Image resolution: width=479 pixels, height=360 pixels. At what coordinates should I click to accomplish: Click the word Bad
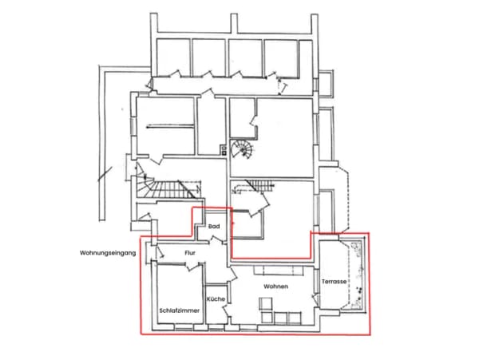click(x=214, y=226)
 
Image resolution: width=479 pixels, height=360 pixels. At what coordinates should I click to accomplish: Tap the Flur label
click(x=190, y=253)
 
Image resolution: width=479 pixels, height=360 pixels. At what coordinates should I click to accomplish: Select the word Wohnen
click(x=276, y=287)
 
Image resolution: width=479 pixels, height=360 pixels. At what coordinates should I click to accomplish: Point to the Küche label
click(x=216, y=299)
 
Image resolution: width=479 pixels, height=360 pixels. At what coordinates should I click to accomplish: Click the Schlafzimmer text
click(x=180, y=311)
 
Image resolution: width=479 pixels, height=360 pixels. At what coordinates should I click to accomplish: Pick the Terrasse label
click(x=334, y=282)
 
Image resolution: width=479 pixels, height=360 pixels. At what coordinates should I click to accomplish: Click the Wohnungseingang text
click(x=108, y=253)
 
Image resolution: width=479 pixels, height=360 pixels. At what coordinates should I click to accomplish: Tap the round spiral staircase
click(x=242, y=149)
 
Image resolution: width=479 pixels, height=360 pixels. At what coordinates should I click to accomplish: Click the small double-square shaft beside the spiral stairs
click(x=224, y=150)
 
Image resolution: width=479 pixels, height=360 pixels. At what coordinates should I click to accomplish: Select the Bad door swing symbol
click(x=216, y=240)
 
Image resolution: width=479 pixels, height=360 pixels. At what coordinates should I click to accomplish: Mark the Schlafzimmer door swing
click(x=193, y=267)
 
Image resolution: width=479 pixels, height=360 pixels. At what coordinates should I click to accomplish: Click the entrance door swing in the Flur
click(x=160, y=252)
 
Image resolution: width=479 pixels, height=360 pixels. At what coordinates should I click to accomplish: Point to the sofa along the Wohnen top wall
click(x=279, y=271)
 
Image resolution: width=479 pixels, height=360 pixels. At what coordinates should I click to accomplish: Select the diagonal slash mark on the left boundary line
click(x=105, y=174)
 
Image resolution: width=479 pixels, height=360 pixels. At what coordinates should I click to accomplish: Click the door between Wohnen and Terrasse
click(x=315, y=299)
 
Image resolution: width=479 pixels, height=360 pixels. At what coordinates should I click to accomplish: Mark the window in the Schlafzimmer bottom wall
click(x=184, y=329)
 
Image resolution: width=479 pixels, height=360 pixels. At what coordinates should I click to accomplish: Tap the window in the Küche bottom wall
click(x=216, y=329)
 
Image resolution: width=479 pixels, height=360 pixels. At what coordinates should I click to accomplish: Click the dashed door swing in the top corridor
click(x=282, y=86)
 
